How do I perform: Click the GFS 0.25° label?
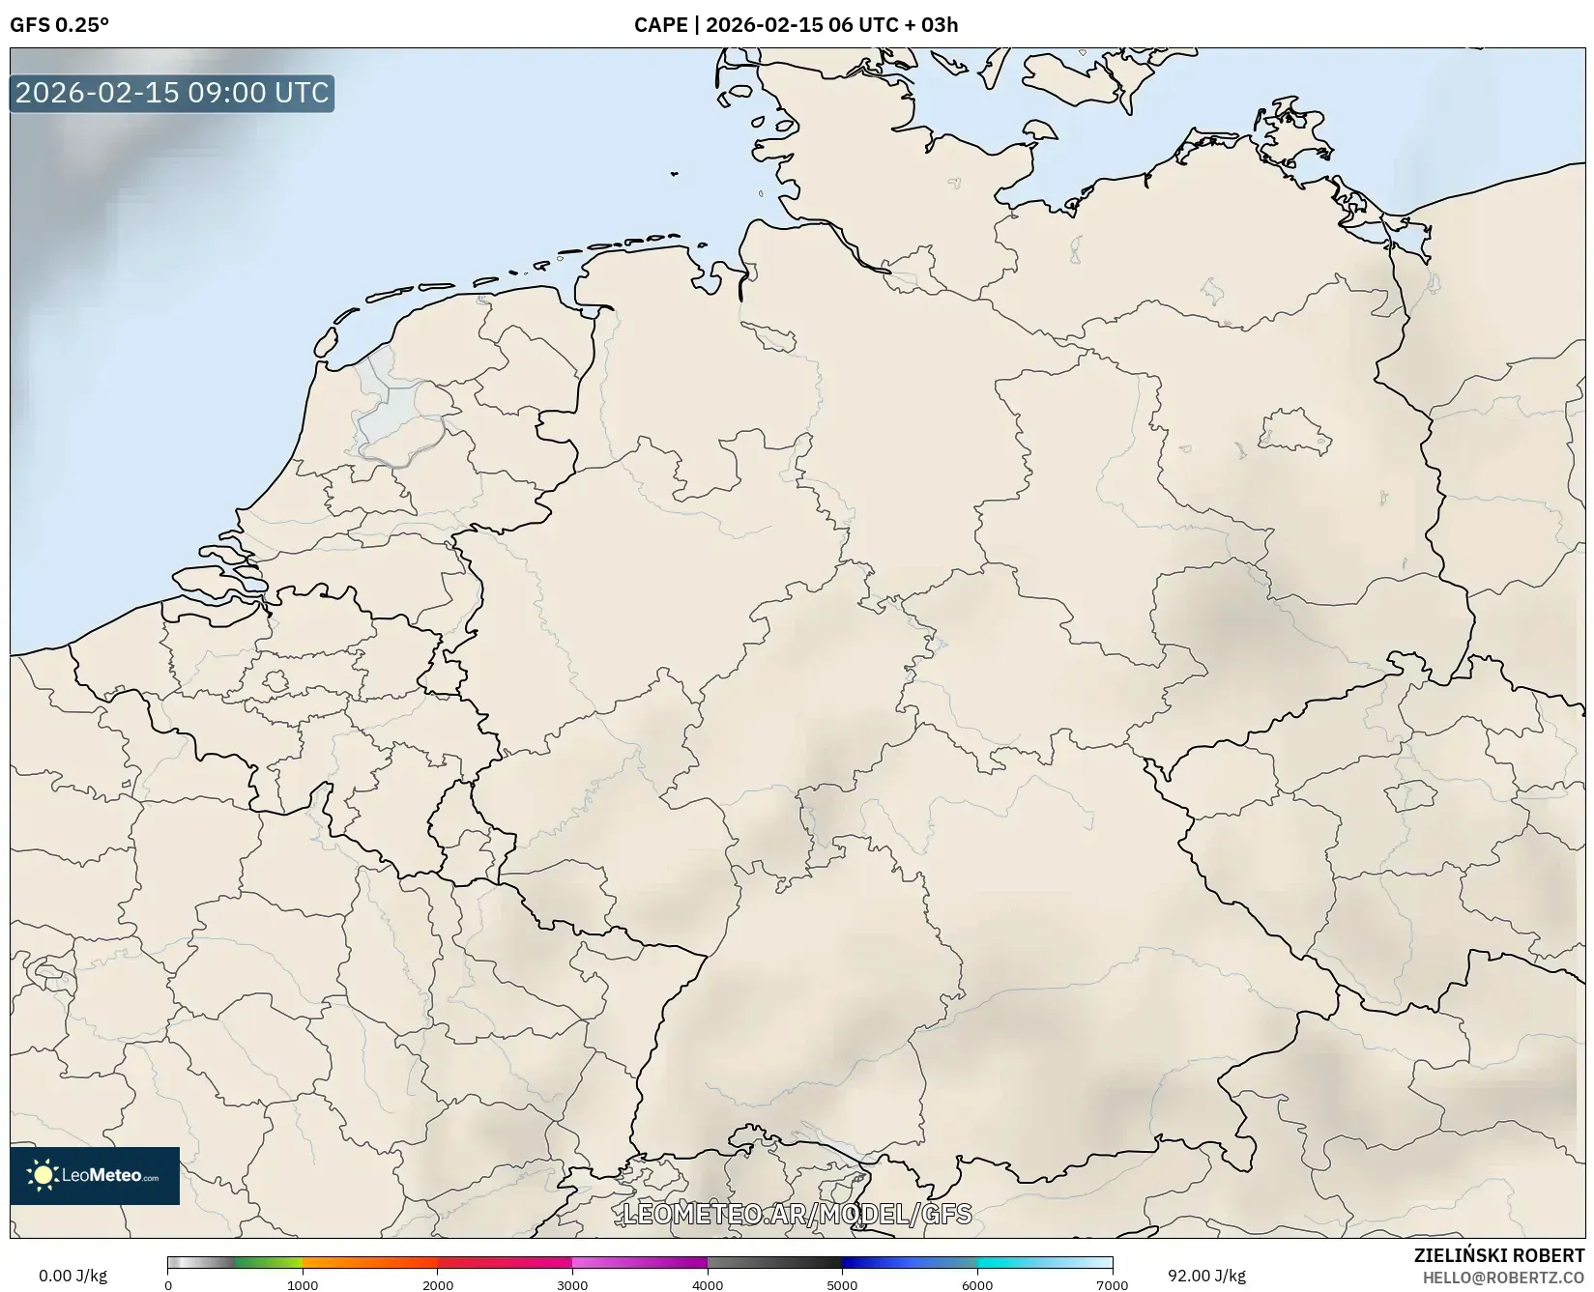click(59, 25)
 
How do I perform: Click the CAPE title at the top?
click(796, 25)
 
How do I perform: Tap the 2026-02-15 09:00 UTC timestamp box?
click(172, 93)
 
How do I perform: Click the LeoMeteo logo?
click(95, 1175)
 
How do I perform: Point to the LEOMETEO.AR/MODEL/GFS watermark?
click(797, 1214)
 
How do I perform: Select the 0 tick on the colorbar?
click(168, 1284)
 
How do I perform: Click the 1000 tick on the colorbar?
click(303, 1284)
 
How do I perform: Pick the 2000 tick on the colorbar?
click(438, 1284)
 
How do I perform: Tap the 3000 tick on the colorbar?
click(572, 1284)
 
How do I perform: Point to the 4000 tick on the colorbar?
click(708, 1284)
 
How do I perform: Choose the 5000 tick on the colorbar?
click(842, 1284)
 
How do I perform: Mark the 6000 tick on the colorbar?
click(977, 1284)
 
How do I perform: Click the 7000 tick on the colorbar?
click(1112, 1284)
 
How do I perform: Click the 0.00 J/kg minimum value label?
click(72, 1276)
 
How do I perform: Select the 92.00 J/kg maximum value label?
click(1206, 1276)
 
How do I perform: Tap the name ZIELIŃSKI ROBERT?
click(1499, 1256)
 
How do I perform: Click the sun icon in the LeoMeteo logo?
click(43, 1175)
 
